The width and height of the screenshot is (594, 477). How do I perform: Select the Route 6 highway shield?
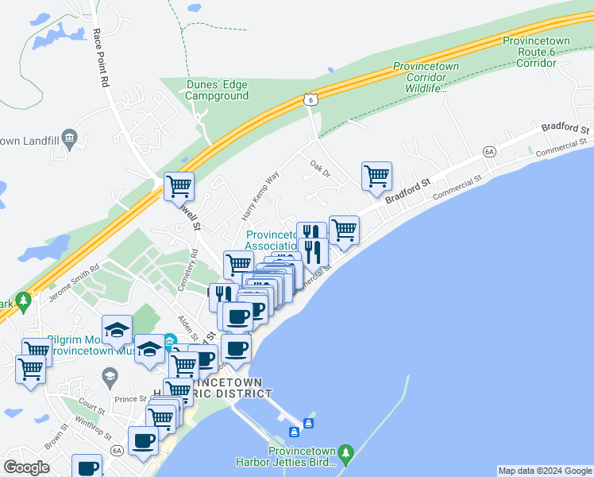(310, 99)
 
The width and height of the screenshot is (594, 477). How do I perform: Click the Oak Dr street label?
(320, 169)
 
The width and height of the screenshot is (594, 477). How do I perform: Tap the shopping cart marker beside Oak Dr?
(376, 175)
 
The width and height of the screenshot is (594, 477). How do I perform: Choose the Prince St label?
(126, 399)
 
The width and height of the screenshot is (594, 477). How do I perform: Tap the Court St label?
(92, 408)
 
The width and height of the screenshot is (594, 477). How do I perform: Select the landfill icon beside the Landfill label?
(70, 138)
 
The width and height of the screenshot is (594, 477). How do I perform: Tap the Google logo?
(25, 467)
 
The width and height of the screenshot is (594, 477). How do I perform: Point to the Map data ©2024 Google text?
(545, 471)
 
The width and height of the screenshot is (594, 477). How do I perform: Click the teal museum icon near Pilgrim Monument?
(169, 343)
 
